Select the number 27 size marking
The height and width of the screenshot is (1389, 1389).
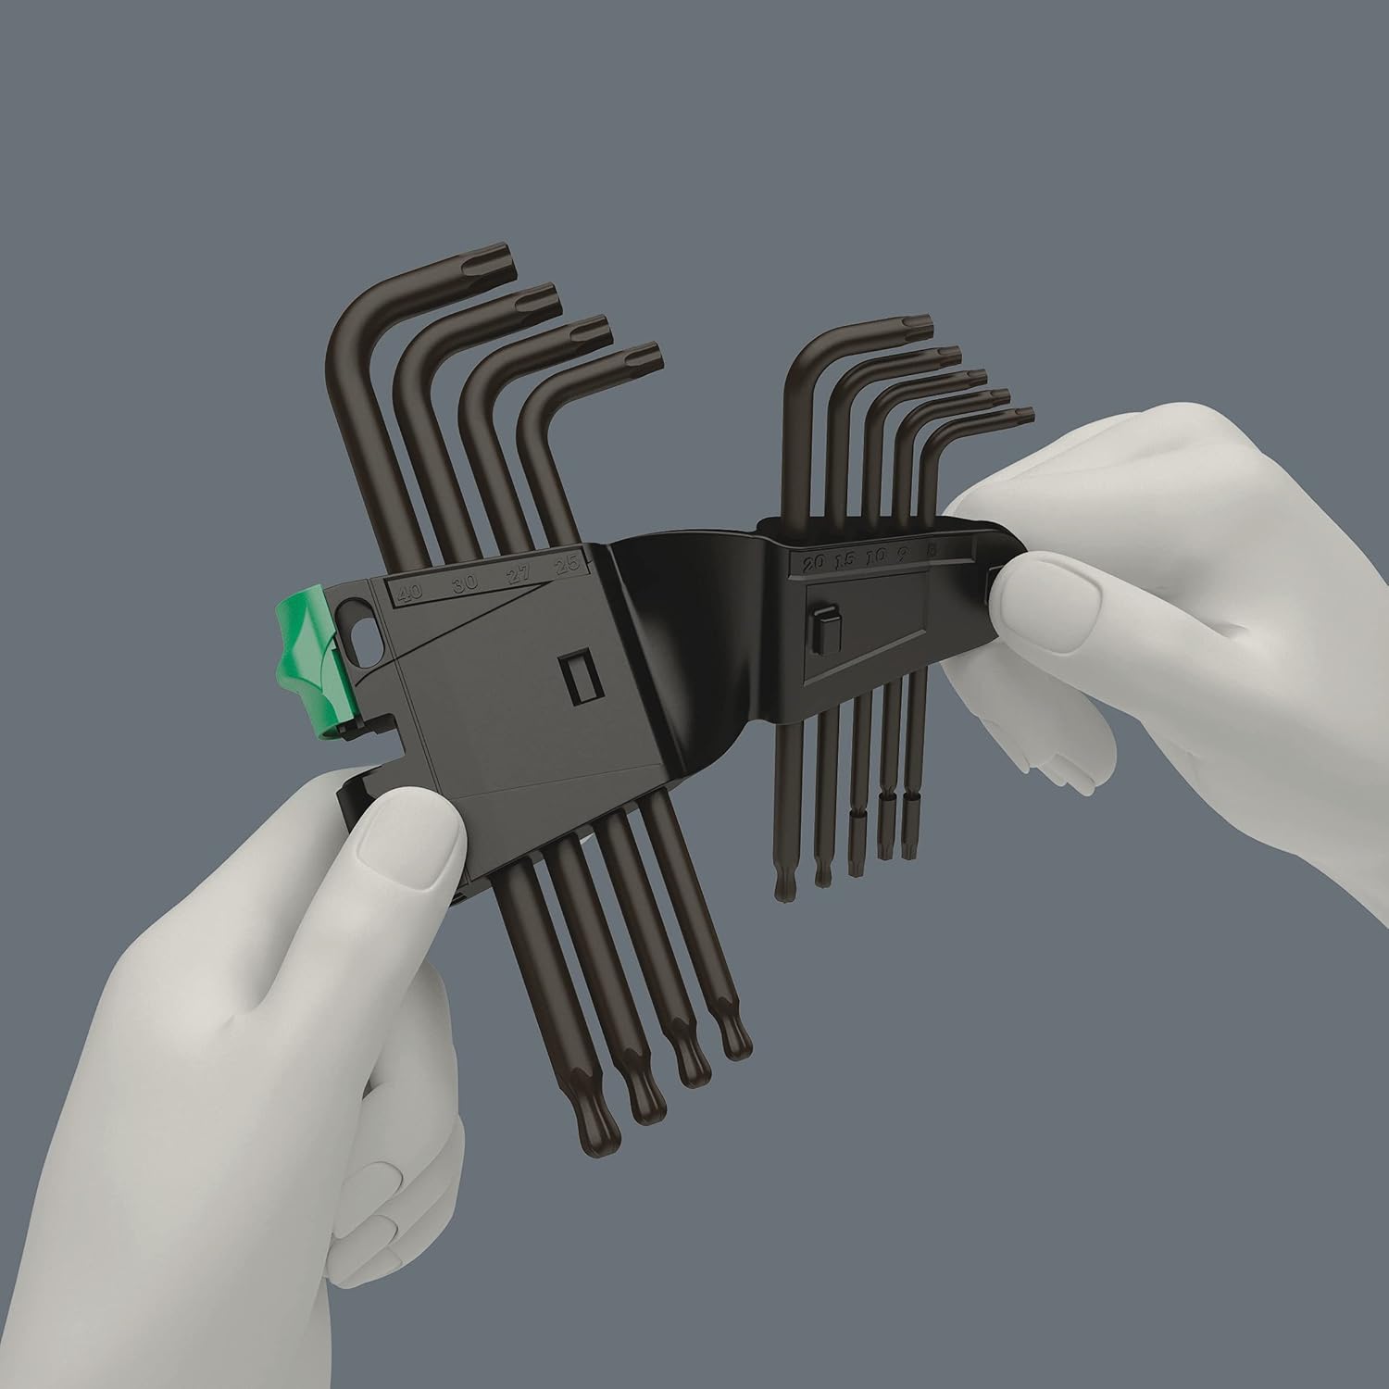pos(519,577)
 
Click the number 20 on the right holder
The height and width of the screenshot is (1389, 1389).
pos(815,562)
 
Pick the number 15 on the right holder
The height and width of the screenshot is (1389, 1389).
pos(845,559)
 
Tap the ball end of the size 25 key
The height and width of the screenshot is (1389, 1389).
pos(735,1041)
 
